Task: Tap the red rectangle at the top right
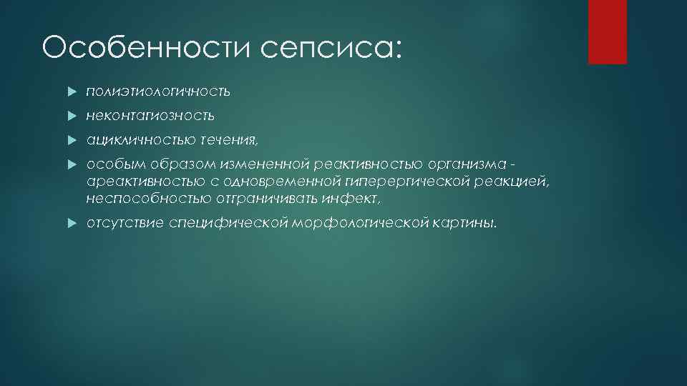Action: tap(607, 31)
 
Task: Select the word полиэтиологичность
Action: tap(158, 91)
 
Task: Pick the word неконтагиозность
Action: tap(150, 115)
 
